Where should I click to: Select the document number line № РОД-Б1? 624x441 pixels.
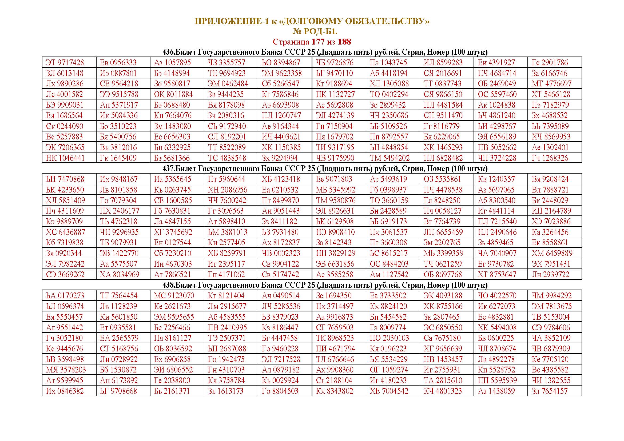[315, 31]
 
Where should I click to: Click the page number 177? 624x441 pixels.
[318, 42]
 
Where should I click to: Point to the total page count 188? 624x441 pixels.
[344, 42]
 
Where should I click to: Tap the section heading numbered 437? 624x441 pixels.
[325, 169]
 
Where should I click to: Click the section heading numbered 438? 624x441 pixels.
[325, 285]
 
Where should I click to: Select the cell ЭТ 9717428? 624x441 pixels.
[65, 63]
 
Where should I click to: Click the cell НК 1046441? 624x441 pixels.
[65, 158]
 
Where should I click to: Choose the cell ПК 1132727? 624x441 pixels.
[335, 94]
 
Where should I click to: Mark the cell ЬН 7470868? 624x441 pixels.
[65, 179]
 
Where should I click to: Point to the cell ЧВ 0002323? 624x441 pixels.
[281, 253]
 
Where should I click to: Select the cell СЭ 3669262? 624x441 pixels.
[65, 275]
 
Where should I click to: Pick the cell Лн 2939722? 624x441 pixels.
[550, 275]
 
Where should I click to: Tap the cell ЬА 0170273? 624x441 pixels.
[65, 296]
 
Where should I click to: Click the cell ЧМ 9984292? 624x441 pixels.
[552, 296]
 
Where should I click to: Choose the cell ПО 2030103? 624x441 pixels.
[389, 338]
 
